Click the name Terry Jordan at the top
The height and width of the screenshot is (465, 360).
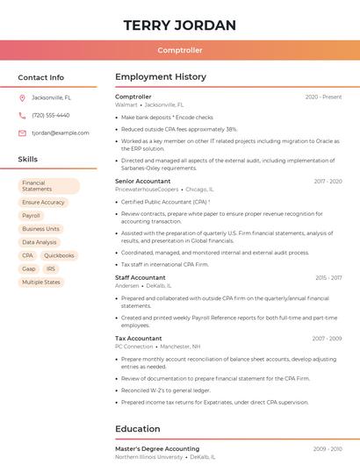(180, 25)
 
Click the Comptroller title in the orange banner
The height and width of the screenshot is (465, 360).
(180, 51)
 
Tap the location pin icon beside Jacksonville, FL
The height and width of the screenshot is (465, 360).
(22, 98)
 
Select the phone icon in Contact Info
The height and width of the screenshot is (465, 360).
(22, 115)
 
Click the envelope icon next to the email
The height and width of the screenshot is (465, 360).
(22, 132)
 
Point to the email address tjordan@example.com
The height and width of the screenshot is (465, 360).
(61, 132)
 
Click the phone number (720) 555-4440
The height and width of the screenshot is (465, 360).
(50, 115)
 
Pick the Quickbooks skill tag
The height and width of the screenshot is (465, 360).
(59, 255)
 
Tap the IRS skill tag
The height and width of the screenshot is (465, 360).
(51, 268)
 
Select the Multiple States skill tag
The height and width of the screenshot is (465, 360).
(41, 282)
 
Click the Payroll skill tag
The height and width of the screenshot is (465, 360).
(32, 215)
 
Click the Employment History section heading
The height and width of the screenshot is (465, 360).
(161, 77)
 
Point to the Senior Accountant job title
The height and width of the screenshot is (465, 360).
(142, 181)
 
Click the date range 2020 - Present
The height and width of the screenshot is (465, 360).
(323, 97)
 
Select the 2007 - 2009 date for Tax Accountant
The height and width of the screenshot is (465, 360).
(327, 338)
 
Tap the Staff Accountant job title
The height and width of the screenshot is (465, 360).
(140, 277)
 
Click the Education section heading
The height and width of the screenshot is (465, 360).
(137, 429)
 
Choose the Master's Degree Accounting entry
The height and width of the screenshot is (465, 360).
(157, 448)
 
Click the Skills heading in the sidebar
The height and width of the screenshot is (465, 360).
(28, 160)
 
